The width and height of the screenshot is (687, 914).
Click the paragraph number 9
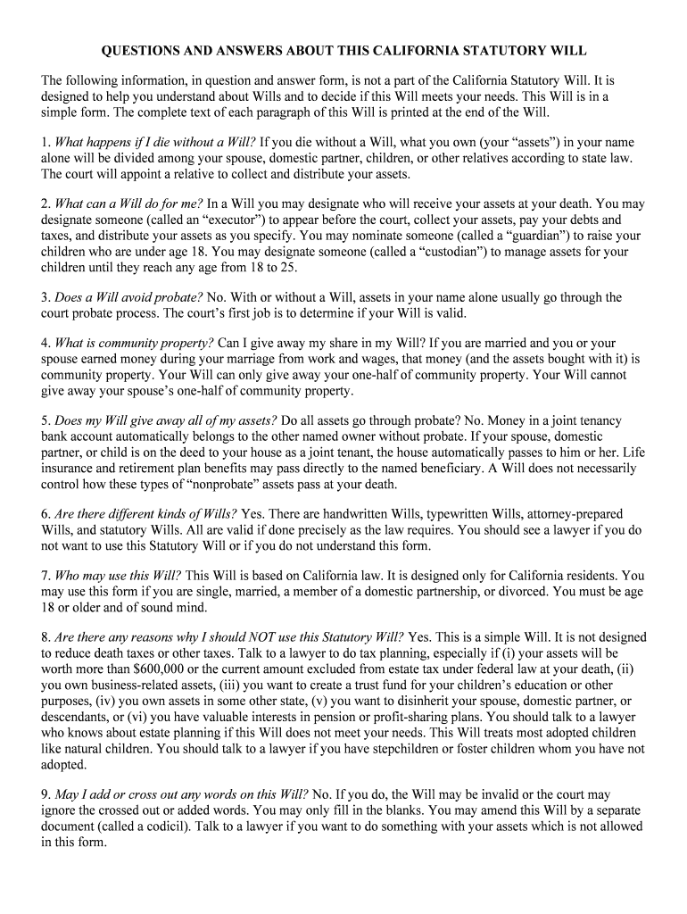pyautogui.click(x=45, y=794)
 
